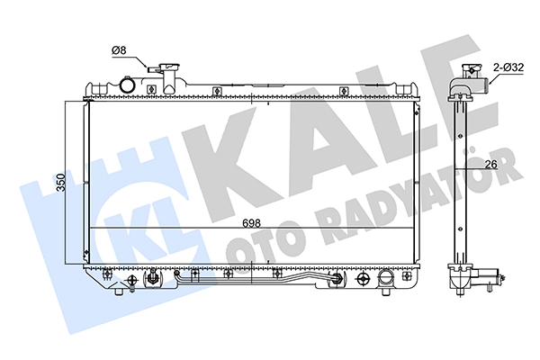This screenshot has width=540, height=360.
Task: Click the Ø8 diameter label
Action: click(x=119, y=50)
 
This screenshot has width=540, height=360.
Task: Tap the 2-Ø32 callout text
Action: click(x=508, y=67)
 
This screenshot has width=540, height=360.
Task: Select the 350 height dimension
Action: click(x=61, y=182)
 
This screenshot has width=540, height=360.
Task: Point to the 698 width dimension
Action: click(x=251, y=223)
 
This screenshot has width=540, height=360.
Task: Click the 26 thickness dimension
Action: click(x=490, y=165)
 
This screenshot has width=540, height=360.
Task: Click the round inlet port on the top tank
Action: click(x=127, y=85)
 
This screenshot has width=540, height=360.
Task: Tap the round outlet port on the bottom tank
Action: click(x=385, y=276)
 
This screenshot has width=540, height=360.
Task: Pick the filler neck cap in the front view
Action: click(x=170, y=67)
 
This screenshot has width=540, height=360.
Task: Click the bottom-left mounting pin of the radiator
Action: click(x=119, y=292)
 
